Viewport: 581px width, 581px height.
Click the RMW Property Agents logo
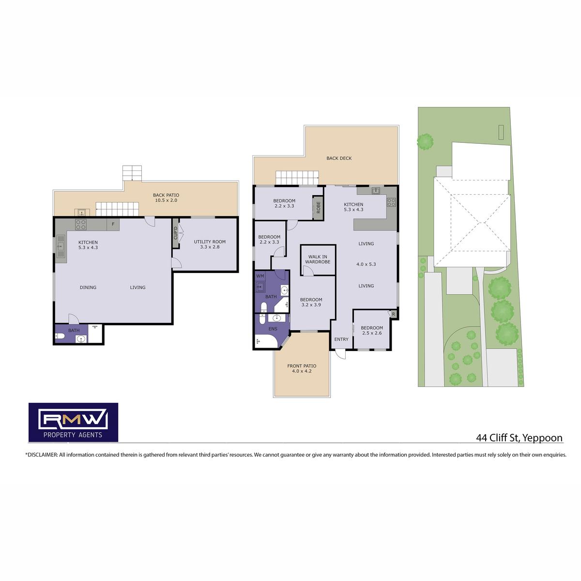73,422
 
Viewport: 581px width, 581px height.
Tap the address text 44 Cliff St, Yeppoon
519,438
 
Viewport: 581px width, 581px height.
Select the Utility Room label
210,244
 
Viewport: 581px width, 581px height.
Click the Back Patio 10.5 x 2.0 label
166,198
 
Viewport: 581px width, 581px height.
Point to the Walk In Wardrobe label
318,260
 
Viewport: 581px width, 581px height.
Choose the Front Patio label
302,368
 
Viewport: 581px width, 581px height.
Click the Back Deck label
339,158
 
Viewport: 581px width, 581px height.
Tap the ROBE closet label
319,207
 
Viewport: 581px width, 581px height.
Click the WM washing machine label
260,276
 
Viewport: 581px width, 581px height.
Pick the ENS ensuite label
273,329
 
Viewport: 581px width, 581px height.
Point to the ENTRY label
341,339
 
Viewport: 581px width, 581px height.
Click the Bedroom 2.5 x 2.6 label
372,330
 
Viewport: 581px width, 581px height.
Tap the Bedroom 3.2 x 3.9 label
311,302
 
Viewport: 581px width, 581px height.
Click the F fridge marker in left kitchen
113,224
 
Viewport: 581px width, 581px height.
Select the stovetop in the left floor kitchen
81,224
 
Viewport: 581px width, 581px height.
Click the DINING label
88,287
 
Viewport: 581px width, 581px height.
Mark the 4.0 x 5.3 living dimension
366,264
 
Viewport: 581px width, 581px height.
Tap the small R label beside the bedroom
393,314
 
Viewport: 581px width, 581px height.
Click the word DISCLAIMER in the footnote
43,455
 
